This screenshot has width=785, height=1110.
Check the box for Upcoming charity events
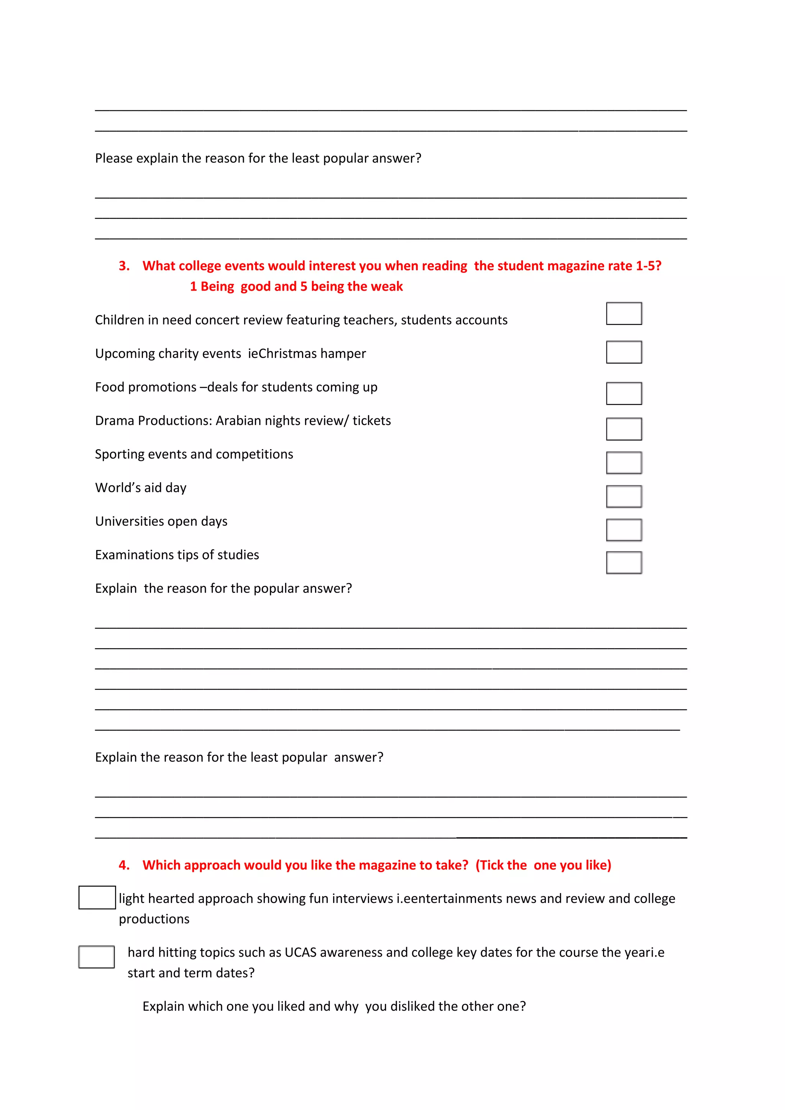(x=624, y=352)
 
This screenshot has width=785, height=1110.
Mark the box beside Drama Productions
(x=624, y=429)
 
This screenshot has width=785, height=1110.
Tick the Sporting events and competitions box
(x=624, y=463)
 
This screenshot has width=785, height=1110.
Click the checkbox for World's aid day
(x=624, y=496)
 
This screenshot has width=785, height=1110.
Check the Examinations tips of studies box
(x=624, y=563)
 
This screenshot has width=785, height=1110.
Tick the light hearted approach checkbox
(x=97, y=897)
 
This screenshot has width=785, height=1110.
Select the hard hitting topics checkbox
(x=97, y=957)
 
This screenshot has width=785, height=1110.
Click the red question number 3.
(x=124, y=266)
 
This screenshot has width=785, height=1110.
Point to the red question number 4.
(x=124, y=865)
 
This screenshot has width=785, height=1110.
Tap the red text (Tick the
(x=501, y=865)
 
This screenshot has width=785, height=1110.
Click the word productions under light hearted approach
(x=154, y=919)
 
